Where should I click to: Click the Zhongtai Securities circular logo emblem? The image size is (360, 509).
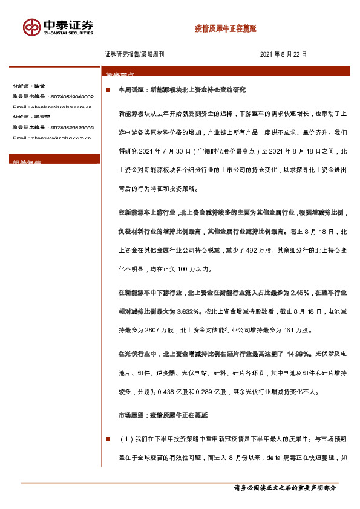(x=31, y=28)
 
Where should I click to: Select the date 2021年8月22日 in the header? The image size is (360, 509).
(x=284, y=54)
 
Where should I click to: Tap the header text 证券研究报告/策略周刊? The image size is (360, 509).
(x=134, y=54)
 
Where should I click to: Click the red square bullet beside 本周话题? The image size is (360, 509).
(x=108, y=89)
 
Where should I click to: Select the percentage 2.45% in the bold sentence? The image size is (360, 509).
(x=301, y=293)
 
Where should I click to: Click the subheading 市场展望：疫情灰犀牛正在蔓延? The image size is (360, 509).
(x=163, y=415)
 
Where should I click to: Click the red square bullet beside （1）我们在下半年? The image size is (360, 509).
(x=108, y=438)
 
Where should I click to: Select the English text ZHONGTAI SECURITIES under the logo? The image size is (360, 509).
(x=68, y=34)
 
